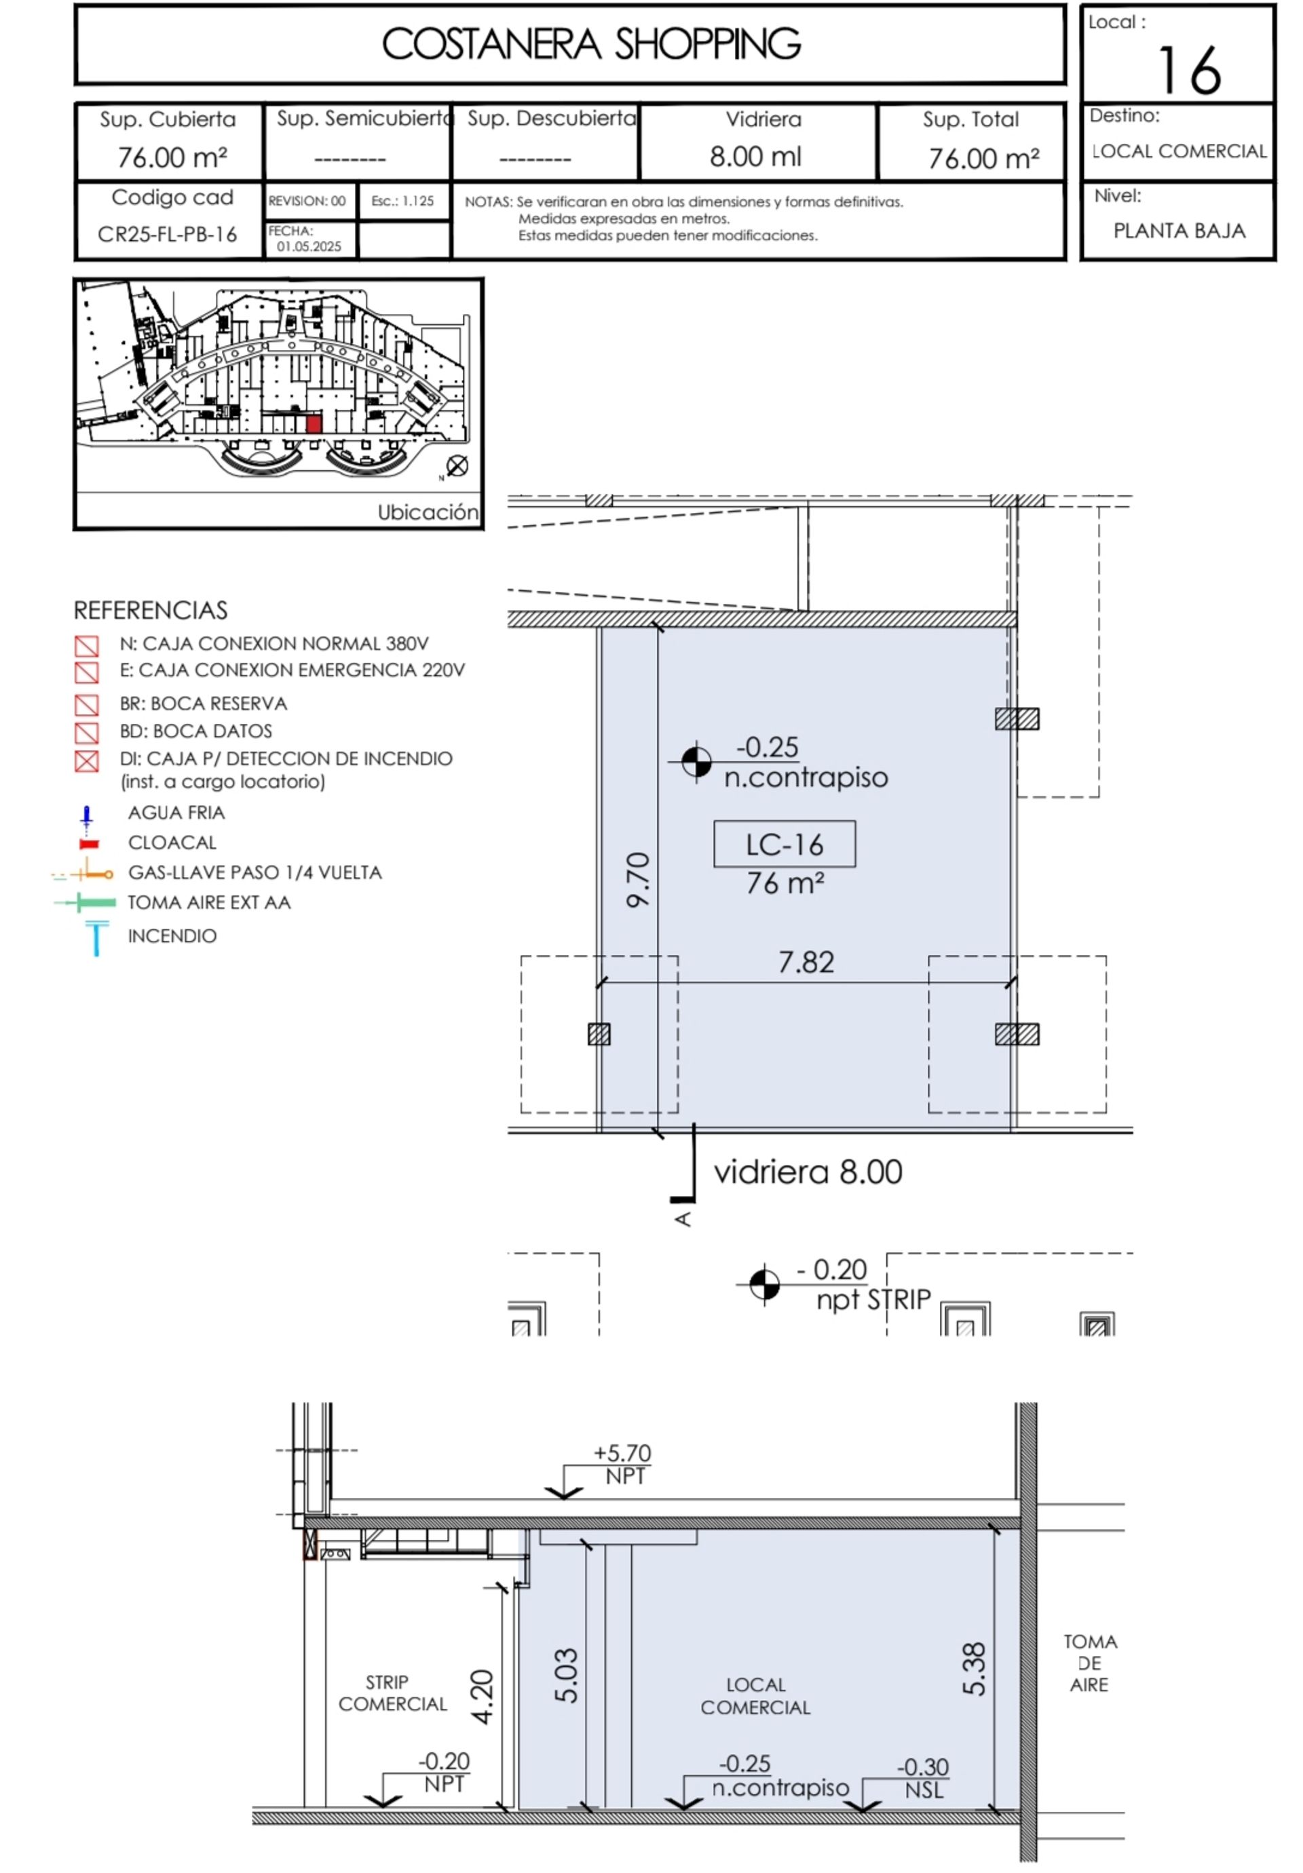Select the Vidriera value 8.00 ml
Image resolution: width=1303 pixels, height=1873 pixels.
755,157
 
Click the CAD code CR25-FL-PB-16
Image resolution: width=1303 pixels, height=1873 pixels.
167,235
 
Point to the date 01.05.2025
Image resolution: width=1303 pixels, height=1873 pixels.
309,247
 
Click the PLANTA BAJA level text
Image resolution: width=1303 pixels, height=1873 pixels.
1179,231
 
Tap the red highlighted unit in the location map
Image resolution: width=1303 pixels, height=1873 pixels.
314,424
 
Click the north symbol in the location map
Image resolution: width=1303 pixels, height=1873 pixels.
457,466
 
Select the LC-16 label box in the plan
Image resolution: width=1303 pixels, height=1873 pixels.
784,843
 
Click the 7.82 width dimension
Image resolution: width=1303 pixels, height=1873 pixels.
806,963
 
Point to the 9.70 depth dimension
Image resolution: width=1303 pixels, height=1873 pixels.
639,879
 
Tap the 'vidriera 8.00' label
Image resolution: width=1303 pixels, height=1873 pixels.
808,1172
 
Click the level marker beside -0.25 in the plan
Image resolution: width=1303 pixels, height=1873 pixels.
696,762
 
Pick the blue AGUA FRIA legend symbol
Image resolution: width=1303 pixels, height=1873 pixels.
86,817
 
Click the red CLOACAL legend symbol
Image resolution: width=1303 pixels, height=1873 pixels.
89,843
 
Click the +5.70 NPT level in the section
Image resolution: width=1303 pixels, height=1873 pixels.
622,1465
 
